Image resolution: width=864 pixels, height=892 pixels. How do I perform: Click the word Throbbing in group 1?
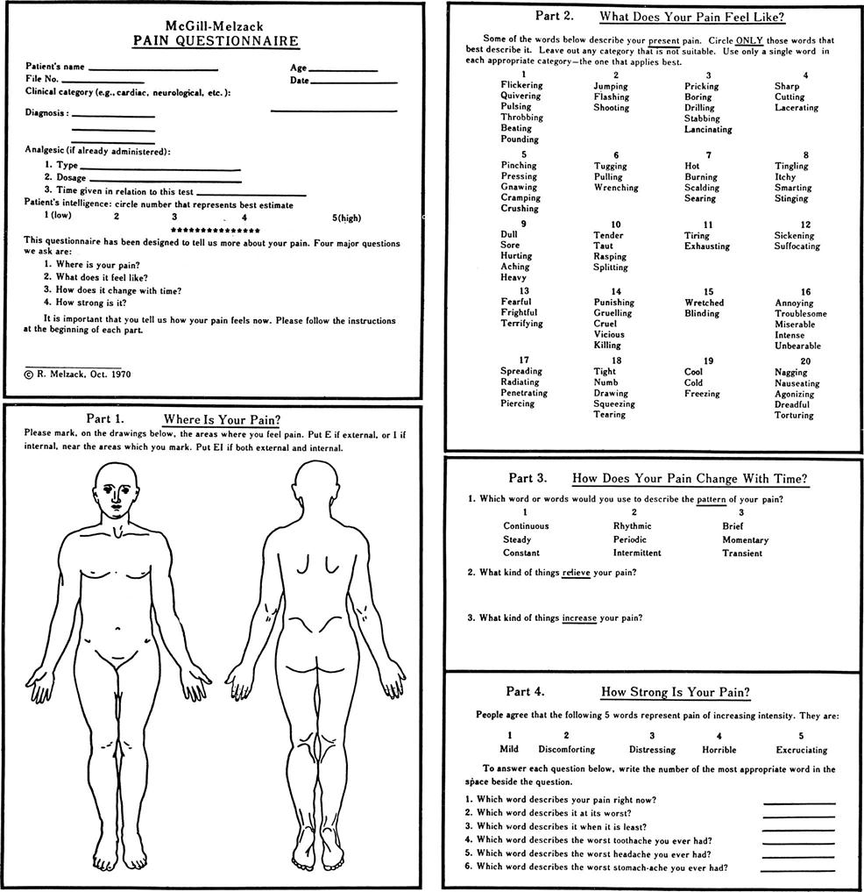(521, 118)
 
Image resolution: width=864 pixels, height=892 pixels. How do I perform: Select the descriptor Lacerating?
(796, 108)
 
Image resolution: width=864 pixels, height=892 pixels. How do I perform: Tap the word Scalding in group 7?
(701, 188)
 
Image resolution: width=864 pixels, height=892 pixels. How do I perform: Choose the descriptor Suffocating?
(797, 246)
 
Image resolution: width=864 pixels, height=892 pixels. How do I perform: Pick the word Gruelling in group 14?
(612, 313)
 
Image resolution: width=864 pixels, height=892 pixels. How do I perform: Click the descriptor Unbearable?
(797, 346)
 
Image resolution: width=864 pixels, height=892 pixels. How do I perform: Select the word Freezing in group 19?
(701, 394)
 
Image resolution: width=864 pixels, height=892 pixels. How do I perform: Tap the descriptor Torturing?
(794, 416)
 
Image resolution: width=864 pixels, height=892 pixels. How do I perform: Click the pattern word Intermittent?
(637, 553)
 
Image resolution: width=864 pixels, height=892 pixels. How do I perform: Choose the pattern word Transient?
(742, 553)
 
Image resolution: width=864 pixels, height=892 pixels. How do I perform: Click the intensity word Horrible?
(719, 750)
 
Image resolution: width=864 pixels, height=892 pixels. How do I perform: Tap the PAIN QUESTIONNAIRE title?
(216, 41)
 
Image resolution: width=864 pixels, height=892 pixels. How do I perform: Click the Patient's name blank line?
(152, 68)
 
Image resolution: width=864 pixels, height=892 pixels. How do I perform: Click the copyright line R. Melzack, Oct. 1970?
(79, 374)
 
